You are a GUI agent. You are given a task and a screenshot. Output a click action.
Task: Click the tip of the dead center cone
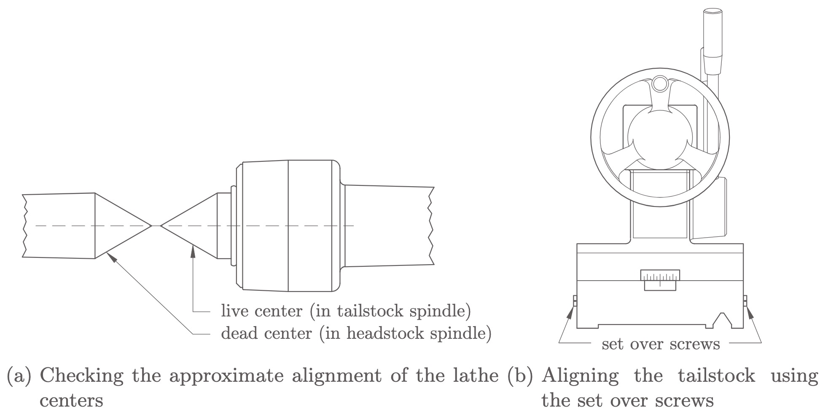coord(151,226)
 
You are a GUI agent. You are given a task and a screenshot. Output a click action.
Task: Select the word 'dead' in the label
coord(239,333)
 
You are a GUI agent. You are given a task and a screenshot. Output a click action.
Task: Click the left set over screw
coord(575,301)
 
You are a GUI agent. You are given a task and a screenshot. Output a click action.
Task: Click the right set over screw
coord(745,301)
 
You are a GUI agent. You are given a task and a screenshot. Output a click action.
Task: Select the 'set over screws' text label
coord(661,344)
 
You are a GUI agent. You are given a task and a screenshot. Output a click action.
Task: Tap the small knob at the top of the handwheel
coord(660,84)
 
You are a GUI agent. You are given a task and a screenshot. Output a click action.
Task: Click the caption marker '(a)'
coord(19,375)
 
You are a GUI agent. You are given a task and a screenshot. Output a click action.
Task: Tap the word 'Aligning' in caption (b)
coord(580,375)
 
